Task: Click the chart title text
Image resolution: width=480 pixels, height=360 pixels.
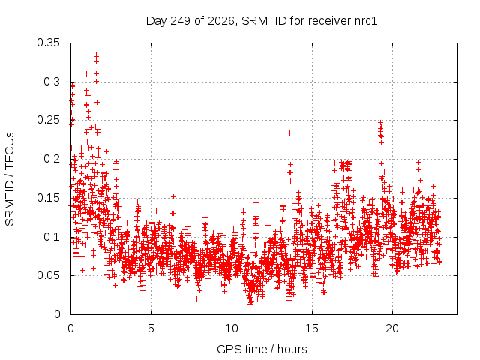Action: click(262, 21)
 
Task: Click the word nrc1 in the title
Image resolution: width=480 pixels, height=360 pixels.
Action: click(366, 21)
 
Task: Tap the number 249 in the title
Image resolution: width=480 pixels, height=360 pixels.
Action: click(181, 21)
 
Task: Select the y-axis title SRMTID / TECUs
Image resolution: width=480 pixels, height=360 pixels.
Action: click(10, 179)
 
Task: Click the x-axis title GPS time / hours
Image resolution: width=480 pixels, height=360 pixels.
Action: click(262, 349)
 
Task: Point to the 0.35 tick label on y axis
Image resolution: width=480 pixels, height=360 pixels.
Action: click(48, 43)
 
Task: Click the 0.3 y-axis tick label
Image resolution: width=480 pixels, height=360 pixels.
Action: click(52, 82)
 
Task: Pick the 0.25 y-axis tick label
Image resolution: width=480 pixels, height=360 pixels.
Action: click(48, 120)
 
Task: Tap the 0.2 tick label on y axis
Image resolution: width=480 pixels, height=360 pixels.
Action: click(52, 159)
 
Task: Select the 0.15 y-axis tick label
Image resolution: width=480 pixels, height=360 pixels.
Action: click(48, 198)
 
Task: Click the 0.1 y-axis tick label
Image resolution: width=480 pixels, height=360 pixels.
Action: click(52, 237)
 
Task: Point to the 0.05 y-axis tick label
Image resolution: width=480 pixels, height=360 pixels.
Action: click(48, 275)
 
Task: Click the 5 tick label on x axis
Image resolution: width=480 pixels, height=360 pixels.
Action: click(151, 328)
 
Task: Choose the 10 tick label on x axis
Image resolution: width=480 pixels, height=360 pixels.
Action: click(232, 328)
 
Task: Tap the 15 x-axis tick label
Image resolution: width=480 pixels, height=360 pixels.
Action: click(312, 328)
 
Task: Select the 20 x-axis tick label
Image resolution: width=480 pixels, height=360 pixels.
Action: click(392, 328)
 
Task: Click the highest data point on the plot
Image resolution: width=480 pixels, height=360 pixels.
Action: click(97, 55)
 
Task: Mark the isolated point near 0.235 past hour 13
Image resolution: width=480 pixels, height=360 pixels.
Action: click(289, 133)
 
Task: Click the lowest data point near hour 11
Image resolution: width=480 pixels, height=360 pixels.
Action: click(250, 304)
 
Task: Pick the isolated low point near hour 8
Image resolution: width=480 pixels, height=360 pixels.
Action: click(196, 298)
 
